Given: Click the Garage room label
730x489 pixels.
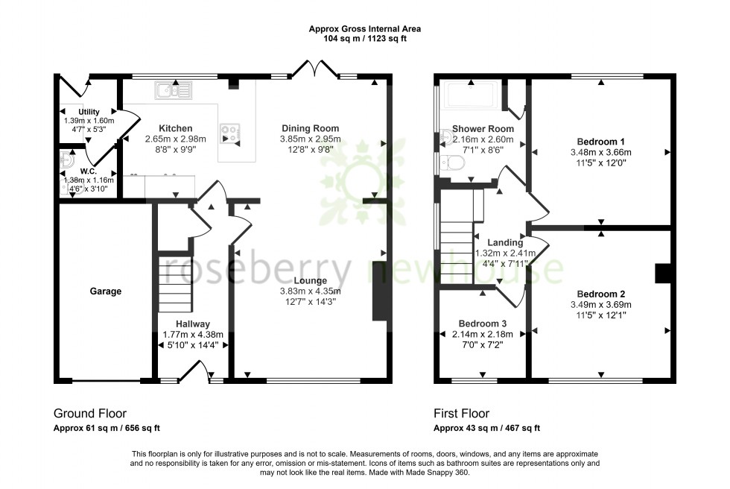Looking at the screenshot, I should [106, 291].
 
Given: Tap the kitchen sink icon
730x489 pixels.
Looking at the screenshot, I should [173, 91].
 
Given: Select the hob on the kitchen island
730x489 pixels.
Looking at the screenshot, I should [230, 134].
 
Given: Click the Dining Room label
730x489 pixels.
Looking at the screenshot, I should [310, 128].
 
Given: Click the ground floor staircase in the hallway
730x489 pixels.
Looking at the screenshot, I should [177, 283].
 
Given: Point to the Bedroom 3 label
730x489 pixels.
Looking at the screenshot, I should [483, 324].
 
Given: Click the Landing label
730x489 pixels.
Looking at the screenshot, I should [505, 242].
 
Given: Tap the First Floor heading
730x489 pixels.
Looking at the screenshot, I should [461, 413].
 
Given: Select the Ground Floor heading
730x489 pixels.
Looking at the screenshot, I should [90, 413].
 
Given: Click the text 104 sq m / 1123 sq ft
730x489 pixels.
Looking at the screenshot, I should [364, 40].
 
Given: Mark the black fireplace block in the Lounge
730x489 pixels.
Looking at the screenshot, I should [381, 291].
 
